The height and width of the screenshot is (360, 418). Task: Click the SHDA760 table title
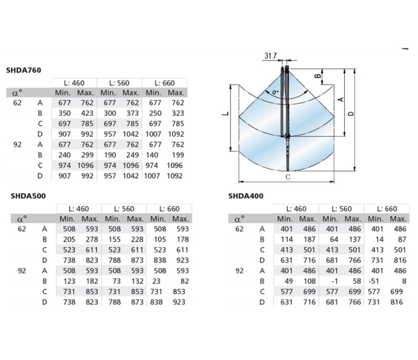point(23,70)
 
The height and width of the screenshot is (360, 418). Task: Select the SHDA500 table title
point(28,196)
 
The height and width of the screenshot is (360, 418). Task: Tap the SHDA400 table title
point(246,196)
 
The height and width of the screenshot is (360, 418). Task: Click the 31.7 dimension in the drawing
point(270,56)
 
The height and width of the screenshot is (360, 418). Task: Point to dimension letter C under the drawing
point(288,177)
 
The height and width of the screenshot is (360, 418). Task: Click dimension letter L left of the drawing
point(225,114)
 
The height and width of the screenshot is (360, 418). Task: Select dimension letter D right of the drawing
point(351,114)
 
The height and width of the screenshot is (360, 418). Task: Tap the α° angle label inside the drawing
point(275,92)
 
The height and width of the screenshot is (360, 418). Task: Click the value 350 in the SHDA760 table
point(65,113)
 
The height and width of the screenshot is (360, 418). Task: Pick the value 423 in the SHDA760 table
point(87,113)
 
